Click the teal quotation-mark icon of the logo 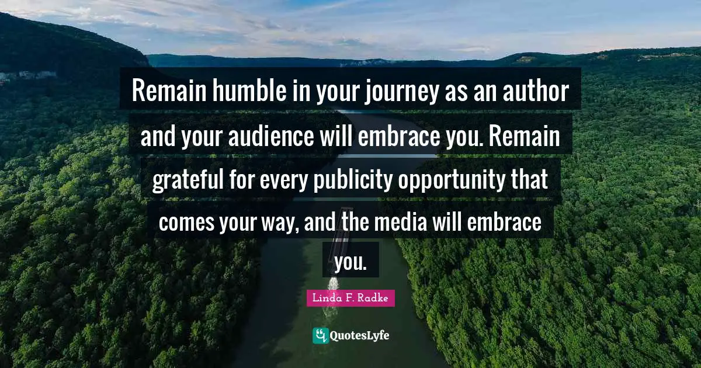[320, 335]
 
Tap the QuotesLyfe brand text [359, 335]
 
